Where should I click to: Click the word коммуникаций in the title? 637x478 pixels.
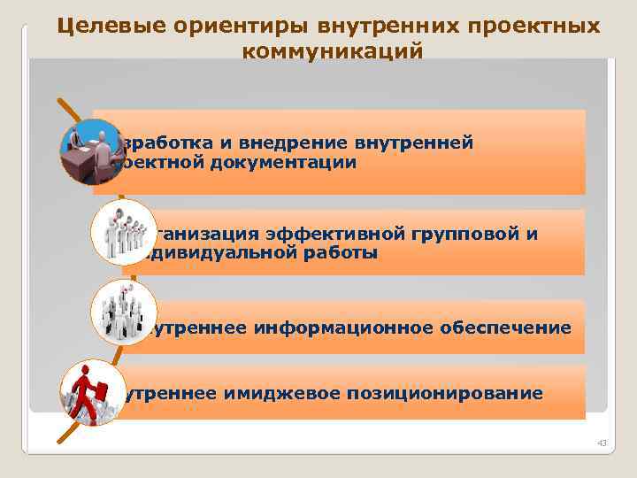[x=333, y=52]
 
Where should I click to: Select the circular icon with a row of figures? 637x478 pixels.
[x=123, y=232]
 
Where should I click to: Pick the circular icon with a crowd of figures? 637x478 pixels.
[x=123, y=312]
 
